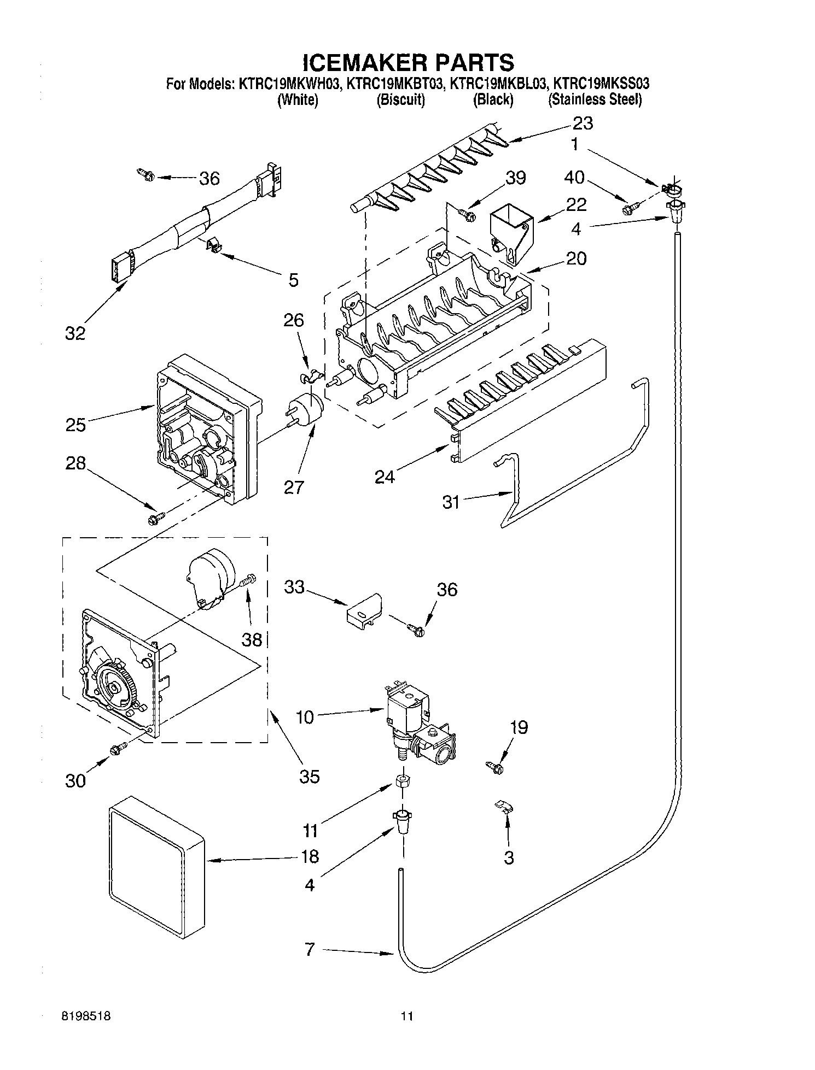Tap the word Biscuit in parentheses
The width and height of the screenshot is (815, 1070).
(400, 100)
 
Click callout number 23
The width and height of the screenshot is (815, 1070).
(583, 124)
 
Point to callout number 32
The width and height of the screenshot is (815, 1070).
(75, 333)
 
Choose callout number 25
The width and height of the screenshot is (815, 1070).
(75, 424)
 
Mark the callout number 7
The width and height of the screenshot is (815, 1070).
(310, 950)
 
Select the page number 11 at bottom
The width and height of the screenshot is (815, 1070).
(406, 1016)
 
